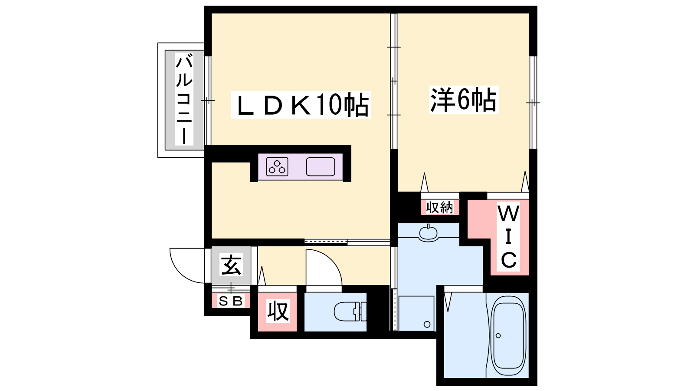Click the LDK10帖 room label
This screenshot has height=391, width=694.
[x=301, y=105]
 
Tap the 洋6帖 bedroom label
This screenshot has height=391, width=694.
[x=464, y=99]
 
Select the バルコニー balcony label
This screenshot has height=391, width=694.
[x=184, y=99]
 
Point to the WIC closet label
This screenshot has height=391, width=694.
[x=508, y=237]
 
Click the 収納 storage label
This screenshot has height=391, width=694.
[x=440, y=207]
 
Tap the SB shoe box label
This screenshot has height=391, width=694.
[x=230, y=301]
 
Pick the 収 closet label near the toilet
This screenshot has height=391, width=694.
[x=278, y=311]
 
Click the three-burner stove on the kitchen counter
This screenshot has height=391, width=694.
[x=277, y=167]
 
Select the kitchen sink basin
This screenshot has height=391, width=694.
[x=321, y=167]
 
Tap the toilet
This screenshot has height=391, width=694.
[x=350, y=311]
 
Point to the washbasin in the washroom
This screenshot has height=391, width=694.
[x=428, y=232]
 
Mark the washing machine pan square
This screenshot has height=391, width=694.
[x=416, y=313]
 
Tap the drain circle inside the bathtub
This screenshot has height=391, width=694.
[x=498, y=336]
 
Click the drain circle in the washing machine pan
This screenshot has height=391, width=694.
[x=427, y=325]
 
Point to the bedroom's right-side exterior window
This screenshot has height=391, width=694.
[x=533, y=103]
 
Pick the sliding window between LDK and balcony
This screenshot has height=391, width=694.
[x=208, y=100]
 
